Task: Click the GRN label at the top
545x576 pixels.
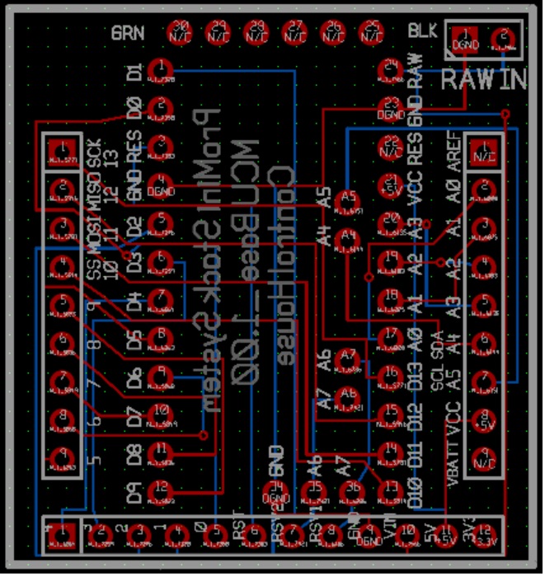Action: pyautogui.click(x=128, y=34)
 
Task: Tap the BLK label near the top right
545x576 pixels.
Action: pyautogui.click(x=423, y=30)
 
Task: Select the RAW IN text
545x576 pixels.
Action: pyautogui.click(x=484, y=80)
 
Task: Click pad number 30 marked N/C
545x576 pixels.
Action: pyautogui.click(x=180, y=33)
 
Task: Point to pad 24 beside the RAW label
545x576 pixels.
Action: pyautogui.click(x=390, y=69)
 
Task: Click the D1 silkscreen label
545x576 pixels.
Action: pyautogui.click(x=136, y=73)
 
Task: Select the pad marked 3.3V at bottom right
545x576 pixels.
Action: pyautogui.click(x=487, y=536)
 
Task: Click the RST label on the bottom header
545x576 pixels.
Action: pyautogui.click(x=239, y=525)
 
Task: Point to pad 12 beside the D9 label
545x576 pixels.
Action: pyautogui.click(x=162, y=492)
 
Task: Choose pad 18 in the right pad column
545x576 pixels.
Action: pyautogui.click(x=390, y=297)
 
